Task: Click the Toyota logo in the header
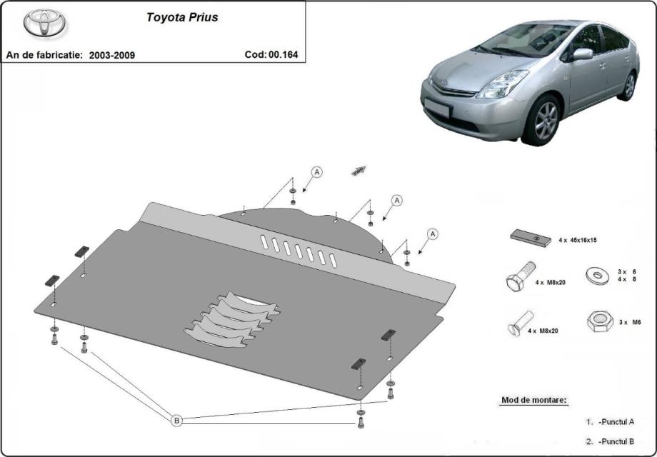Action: (44, 22)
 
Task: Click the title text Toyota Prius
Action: (182, 18)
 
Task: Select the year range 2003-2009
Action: (112, 55)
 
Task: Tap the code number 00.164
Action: (283, 54)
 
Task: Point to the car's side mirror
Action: (583, 54)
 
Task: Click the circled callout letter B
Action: (177, 420)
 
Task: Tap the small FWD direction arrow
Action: (358, 171)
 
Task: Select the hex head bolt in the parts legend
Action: (521, 276)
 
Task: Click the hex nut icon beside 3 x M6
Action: (600, 321)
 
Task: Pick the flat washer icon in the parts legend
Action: (597, 276)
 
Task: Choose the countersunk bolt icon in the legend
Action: (521, 323)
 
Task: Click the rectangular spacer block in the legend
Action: (531, 238)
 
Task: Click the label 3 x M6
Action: (630, 322)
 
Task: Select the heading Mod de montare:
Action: (534, 400)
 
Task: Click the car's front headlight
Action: (502, 84)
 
